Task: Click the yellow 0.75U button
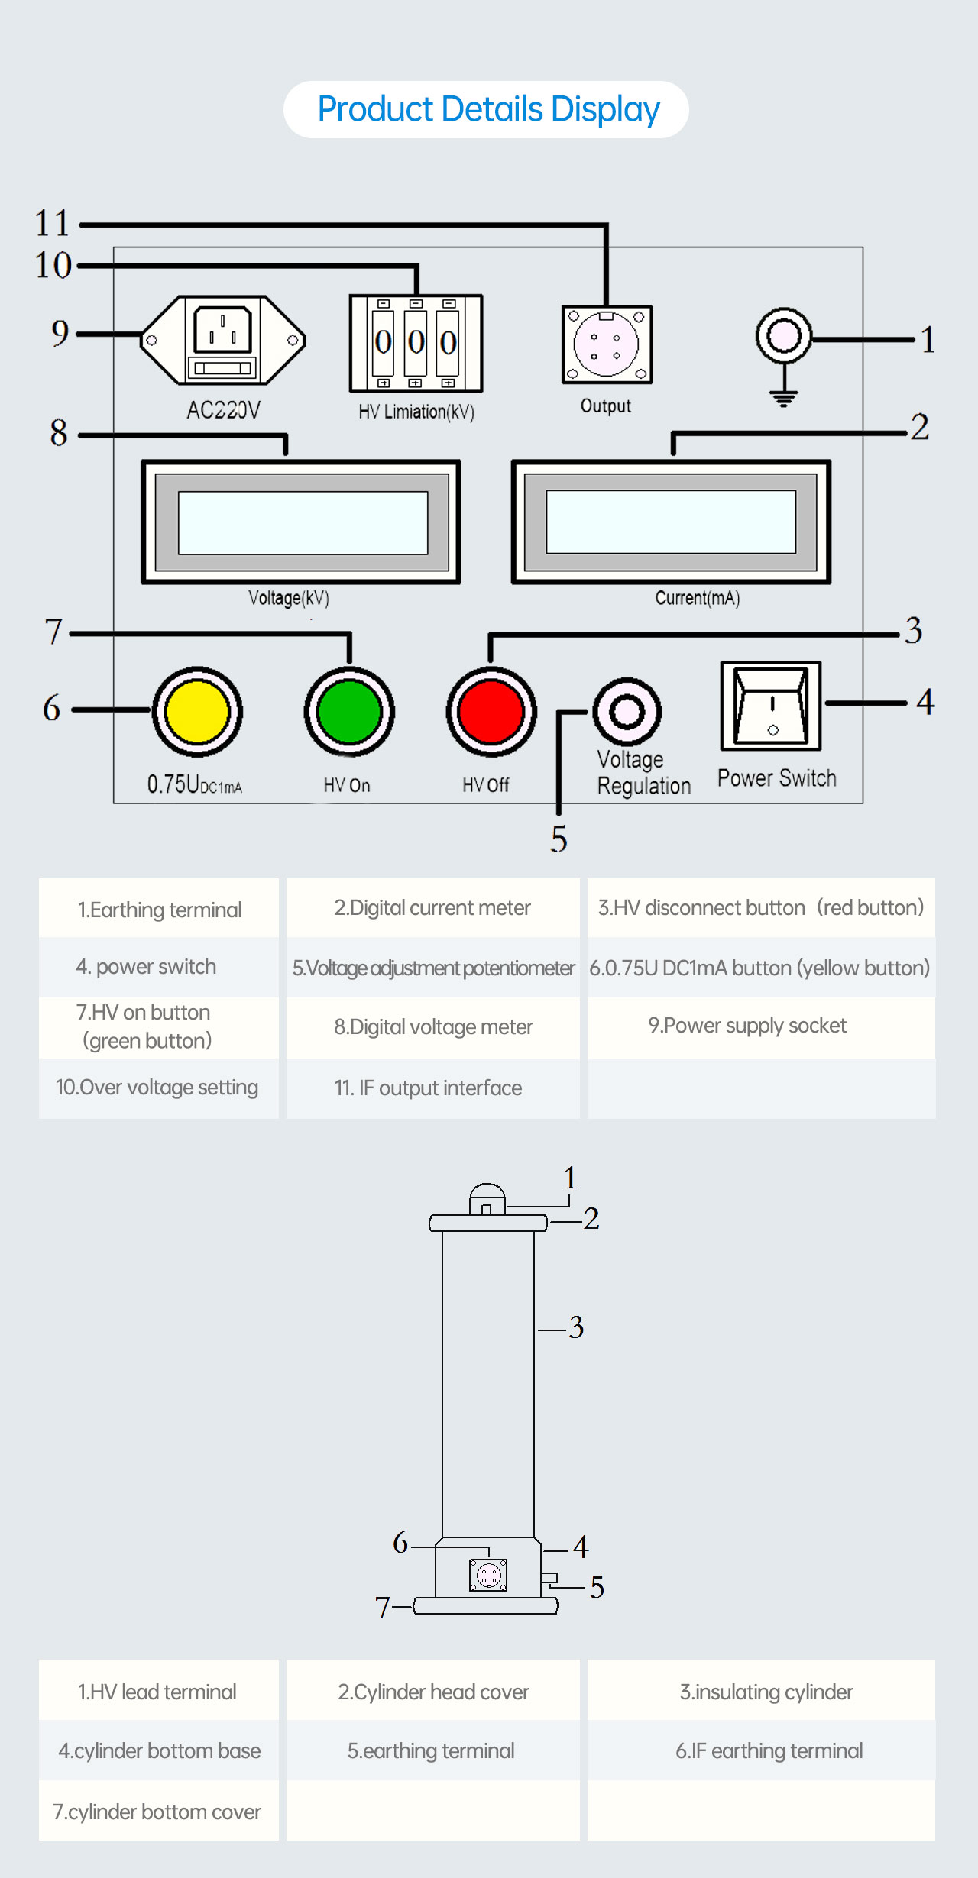[197, 712]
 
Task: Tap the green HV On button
[349, 712]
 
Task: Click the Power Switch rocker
[771, 706]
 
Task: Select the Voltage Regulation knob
[627, 712]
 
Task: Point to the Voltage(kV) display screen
[303, 522]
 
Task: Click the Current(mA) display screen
[671, 522]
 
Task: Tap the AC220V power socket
[223, 340]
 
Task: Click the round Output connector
[607, 344]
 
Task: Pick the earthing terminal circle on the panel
[783, 335]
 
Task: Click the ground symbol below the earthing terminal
[783, 397]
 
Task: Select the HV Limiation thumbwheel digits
[416, 343]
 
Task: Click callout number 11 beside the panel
[52, 224]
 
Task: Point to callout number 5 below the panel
[559, 839]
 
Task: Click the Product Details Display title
[487, 109]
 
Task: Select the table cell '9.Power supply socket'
[746, 1026]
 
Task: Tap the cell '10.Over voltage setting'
[157, 1088]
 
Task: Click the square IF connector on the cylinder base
[488, 1575]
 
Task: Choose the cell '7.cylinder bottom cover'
[157, 1812]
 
